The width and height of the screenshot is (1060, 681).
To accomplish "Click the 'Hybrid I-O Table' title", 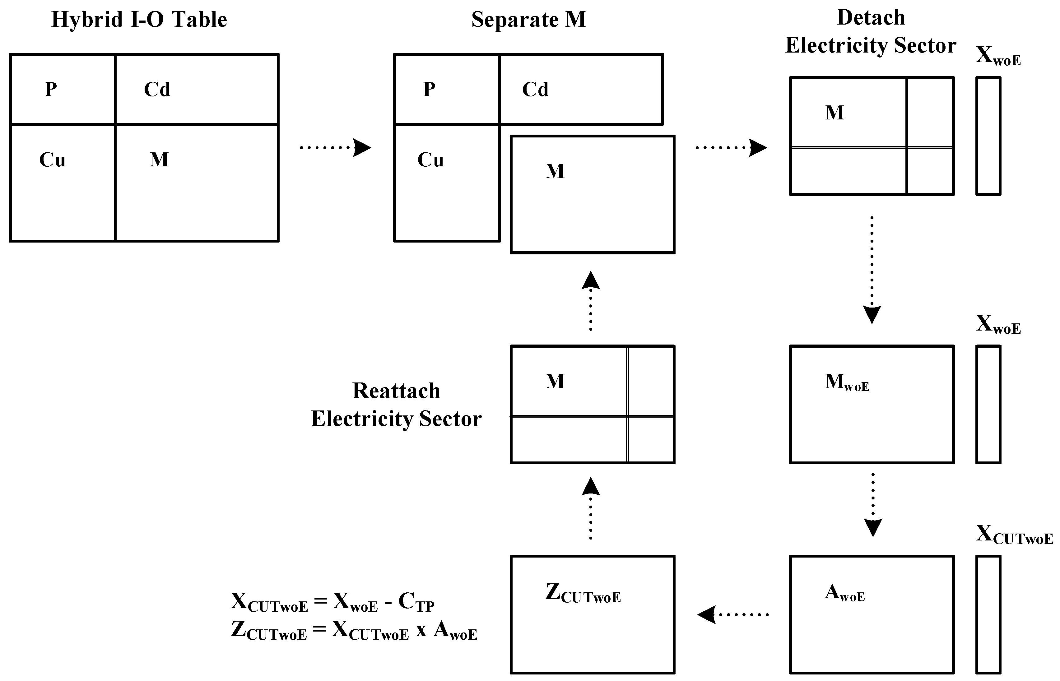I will click(139, 20).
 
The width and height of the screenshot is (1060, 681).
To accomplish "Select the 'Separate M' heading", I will click(528, 20).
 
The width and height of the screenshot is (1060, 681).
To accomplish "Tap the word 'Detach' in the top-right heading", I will click(871, 18).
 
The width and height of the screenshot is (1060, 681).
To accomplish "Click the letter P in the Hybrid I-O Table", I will click(51, 89).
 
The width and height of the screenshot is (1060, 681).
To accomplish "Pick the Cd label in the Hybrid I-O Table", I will click(157, 89).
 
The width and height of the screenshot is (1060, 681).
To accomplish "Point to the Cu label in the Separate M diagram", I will click(430, 160).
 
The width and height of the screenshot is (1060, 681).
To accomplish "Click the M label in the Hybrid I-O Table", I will click(159, 160).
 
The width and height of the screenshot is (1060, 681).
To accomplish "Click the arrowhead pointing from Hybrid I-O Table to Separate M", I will click(362, 148).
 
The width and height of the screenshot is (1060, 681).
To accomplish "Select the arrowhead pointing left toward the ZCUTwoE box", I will click(707, 615).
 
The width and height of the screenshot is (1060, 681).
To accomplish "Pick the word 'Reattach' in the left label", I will click(396, 391).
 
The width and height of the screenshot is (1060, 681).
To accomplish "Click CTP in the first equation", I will click(416, 602).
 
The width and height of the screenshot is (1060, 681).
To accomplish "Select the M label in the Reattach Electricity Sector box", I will click(555, 381).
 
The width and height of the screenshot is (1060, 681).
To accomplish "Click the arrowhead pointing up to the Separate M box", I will click(591, 280).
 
